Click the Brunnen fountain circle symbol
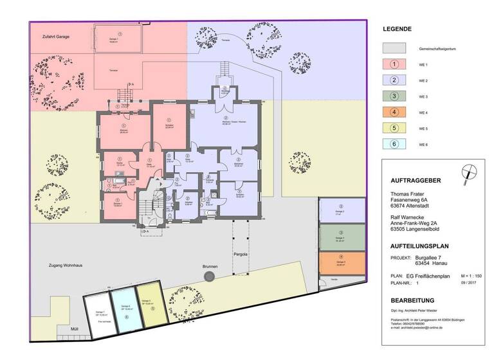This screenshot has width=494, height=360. [210, 276]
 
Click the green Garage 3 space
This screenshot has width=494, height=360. [340, 239]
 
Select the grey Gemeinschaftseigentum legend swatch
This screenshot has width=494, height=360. [394, 48]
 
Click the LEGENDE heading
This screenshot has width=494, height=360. [397, 29]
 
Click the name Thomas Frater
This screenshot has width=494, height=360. [409, 193]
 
